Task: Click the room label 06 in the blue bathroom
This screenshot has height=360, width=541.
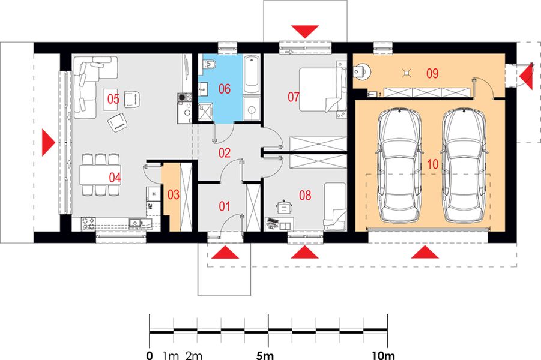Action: coord(225,89)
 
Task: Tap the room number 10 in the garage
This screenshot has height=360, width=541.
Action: coord(432,164)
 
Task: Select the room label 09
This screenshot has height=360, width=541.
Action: coord(432,73)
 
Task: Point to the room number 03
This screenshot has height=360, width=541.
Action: coord(173,194)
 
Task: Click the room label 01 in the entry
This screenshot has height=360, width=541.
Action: coord(225,206)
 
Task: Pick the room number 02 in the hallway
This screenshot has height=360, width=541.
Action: coord(225,153)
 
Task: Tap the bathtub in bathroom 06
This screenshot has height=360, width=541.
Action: coord(252,74)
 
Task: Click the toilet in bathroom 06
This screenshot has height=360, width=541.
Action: coord(209,64)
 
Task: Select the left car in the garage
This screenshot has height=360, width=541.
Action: coord(399,165)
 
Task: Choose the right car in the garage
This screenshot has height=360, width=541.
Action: coord(464,165)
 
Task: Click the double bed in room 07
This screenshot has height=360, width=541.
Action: coord(322,89)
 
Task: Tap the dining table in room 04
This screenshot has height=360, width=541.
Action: coord(100,175)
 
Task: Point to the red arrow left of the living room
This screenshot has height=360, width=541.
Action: coord(48,142)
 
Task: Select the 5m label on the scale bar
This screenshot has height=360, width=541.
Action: coord(265,355)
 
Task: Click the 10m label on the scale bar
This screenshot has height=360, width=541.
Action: coord(384,355)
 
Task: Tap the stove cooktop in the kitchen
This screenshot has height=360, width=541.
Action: coord(89,223)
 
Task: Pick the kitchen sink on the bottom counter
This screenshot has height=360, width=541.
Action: coord(138,223)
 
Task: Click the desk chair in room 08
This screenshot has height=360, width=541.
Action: coord(284,207)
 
